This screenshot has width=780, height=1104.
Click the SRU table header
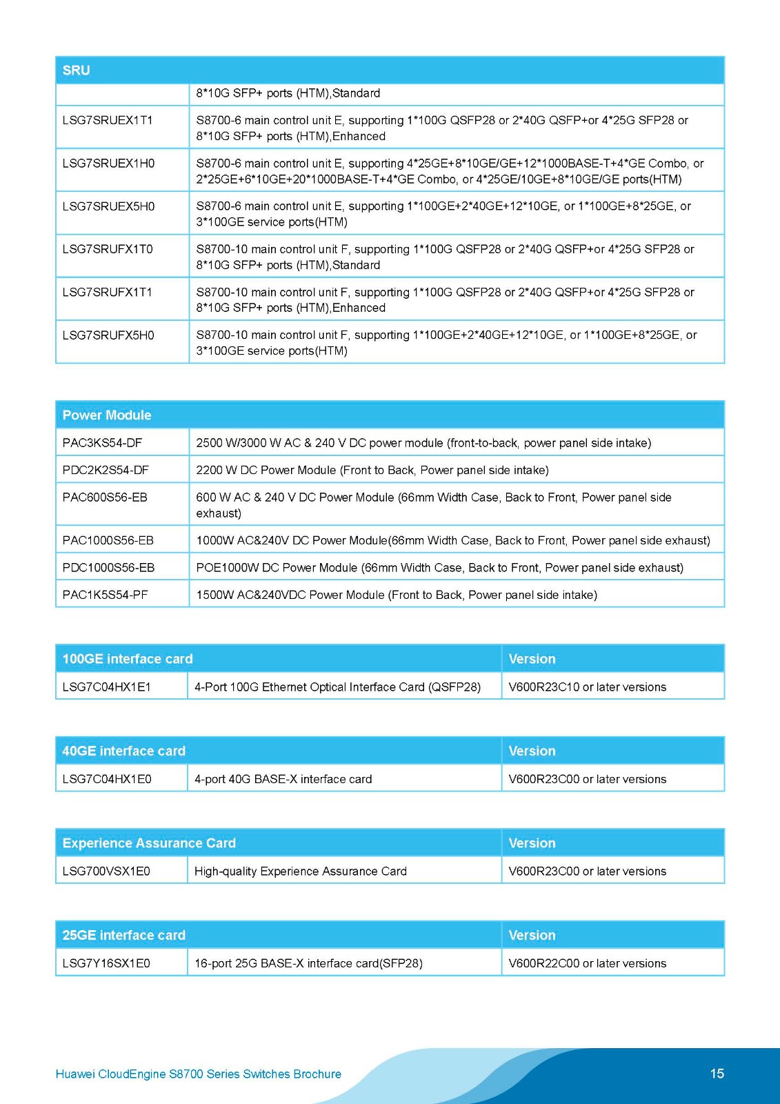[x=77, y=70]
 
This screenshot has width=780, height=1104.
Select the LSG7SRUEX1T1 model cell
[x=108, y=120]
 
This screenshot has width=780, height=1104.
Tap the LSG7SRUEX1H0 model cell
[x=108, y=164]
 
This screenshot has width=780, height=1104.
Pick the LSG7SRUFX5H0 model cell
[x=108, y=335]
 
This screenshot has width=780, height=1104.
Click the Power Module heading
[x=107, y=415]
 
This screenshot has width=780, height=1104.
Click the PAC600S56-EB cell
[x=105, y=497]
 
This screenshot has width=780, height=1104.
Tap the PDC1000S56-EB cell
[x=108, y=568]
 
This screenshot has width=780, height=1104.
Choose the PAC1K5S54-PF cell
[x=105, y=595]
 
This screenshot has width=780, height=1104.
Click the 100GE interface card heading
[x=128, y=659]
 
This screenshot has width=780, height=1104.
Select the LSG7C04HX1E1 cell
[x=107, y=687]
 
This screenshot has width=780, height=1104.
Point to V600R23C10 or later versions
[x=587, y=687]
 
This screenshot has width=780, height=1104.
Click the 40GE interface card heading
[x=124, y=751]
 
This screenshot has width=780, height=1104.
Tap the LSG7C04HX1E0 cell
[x=107, y=779]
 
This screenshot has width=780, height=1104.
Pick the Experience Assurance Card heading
[x=149, y=843]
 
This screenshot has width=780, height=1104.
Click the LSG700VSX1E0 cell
[x=106, y=871]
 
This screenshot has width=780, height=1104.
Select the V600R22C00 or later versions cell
[x=587, y=963]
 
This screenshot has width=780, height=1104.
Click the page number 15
[x=717, y=1074]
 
